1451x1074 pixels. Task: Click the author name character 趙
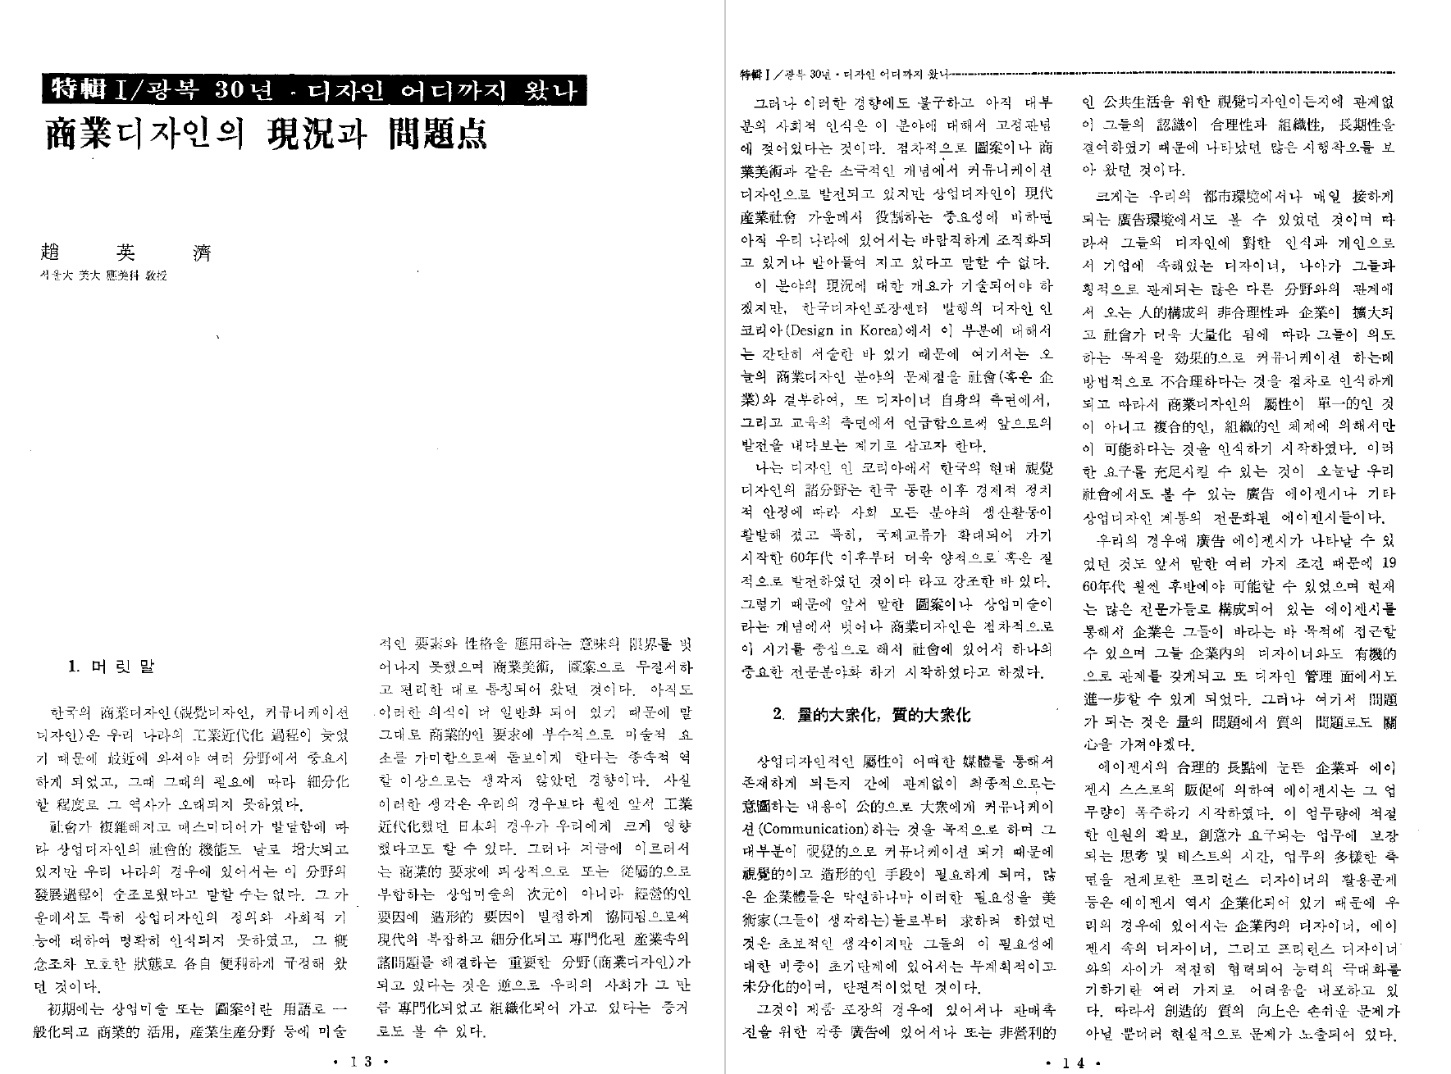(x=41, y=252)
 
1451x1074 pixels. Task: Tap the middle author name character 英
(x=121, y=252)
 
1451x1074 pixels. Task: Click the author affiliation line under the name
(x=98, y=276)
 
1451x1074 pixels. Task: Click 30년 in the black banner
(x=240, y=90)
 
